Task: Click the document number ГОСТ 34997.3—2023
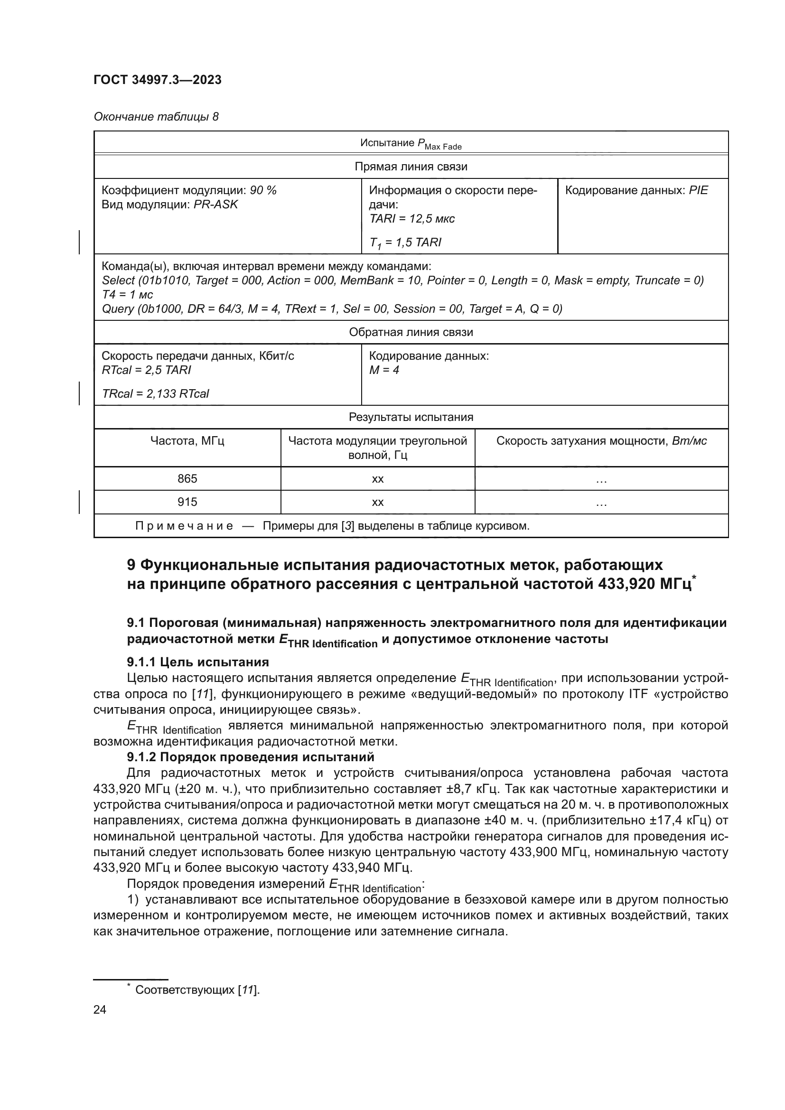tap(157, 80)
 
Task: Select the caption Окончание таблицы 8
tap(156, 117)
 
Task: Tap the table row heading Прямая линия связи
tap(411, 167)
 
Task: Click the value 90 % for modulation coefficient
tap(263, 190)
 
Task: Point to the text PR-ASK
tap(215, 205)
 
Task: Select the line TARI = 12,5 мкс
tap(412, 218)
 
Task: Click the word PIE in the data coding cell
tap(698, 190)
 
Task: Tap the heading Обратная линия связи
tap(411, 332)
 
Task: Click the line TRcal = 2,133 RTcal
tap(155, 393)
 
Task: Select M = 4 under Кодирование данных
tap(384, 370)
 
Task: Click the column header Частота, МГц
tap(187, 441)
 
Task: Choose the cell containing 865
tap(187, 479)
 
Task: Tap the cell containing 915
tap(187, 502)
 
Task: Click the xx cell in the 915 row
tap(377, 503)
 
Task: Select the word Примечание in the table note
tap(184, 526)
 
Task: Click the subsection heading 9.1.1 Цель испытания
tap(198, 662)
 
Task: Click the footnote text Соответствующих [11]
tap(197, 989)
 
